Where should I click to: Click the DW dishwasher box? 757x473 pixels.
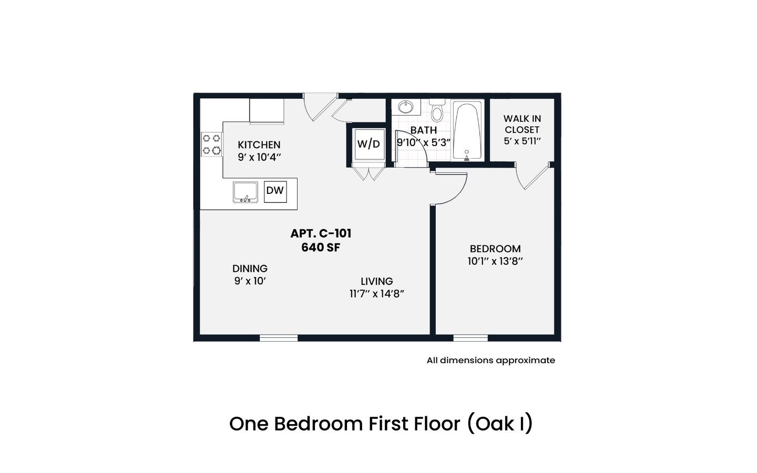pos(275,191)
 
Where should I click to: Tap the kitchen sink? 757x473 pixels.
pos(245,192)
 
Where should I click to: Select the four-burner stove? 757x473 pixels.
pos(211,144)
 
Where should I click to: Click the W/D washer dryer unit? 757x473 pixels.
pos(369,144)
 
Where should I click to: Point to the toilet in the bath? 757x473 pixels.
pos(437,110)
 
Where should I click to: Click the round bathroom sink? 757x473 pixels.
pos(405,107)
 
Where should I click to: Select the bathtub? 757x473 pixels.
pos(467,131)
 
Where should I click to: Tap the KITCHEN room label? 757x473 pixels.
pos(259,145)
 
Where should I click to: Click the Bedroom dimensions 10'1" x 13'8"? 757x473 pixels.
pos(495,261)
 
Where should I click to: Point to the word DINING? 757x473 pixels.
pos(250,269)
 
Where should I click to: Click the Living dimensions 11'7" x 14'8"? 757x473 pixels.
pos(377,294)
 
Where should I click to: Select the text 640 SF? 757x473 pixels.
pos(321,248)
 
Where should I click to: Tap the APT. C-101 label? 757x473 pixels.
pos(321,233)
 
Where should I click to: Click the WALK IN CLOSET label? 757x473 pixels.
pos(522,124)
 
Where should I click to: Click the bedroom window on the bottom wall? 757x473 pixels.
pos(470,338)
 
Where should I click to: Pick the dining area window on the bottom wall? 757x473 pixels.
pos(279,338)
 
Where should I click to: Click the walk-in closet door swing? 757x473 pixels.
pos(532,176)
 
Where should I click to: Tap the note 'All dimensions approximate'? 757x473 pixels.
pos(490,361)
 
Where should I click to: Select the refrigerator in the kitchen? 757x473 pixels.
pos(267,110)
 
